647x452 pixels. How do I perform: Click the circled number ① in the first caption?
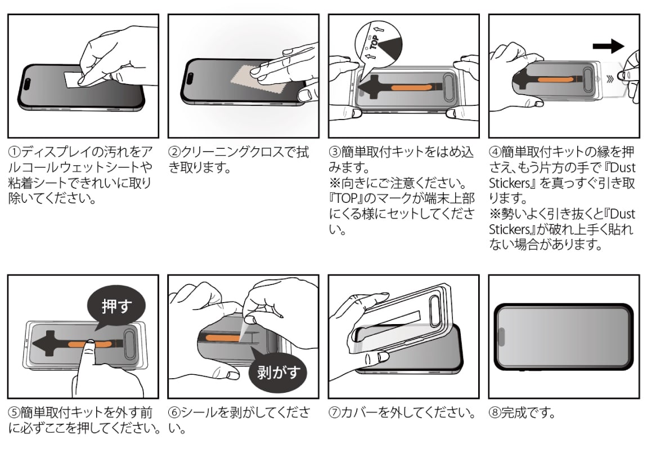[x=13, y=153]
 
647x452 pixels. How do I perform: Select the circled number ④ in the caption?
[x=494, y=153]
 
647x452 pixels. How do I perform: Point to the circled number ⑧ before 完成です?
[x=494, y=413]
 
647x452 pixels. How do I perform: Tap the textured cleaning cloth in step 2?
[x=247, y=79]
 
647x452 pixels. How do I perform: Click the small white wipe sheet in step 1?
[x=72, y=80]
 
